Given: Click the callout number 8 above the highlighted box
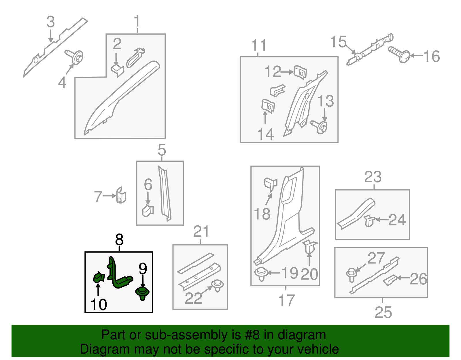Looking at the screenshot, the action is pyautogui.click(x=119, y=240).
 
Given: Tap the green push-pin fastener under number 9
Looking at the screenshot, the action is pyautogui.click(x=142, y=293).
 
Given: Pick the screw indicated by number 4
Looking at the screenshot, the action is pyautogui.click(x=74, y=57).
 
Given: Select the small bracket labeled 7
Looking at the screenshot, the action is pyautogui.click(x=121, y=195).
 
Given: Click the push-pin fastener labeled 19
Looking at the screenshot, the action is pyautogui.click(x=261, y=274).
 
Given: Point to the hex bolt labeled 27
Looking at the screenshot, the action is pyautogui.click(x=352, y=275).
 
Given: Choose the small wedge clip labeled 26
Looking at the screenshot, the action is pyautogui.click(x=390, y=280).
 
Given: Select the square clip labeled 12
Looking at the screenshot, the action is pyautogui.click(x=300, y=72).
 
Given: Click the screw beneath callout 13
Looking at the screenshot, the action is pyautogui.click(x=319, y=127).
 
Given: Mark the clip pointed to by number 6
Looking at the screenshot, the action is pyautogui.click(x=148, y=210).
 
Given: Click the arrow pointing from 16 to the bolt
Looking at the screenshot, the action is pyautogui.click(x=417, y=56).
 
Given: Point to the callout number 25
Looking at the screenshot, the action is pyautogui.click(x=383, y=312).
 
